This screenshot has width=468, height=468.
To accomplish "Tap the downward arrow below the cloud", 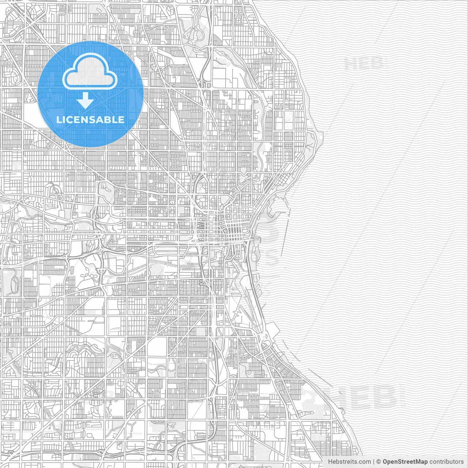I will coord(86,100).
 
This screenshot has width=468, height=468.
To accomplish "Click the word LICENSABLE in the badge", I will coord(90,120).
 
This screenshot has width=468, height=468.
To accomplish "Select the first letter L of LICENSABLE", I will coord(59,120).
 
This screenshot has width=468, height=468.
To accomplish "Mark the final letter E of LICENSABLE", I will coord(122,120).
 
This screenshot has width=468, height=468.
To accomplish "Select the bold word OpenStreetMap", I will coord(405,462).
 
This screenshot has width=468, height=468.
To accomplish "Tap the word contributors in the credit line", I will coord(446,462).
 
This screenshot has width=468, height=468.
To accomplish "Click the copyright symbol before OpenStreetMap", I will coord(379,462).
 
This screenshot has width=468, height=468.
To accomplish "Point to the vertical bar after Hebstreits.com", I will coord(373,462).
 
